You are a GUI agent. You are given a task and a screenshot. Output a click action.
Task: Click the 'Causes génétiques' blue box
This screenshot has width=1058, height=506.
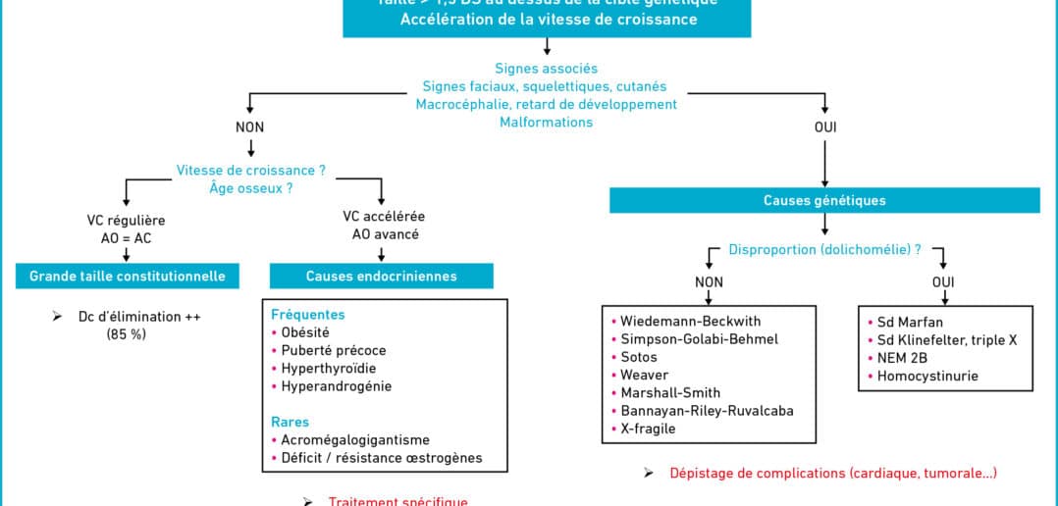coord(824,200)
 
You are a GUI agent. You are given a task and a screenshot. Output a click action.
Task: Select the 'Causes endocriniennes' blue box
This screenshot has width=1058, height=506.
coord(381,276)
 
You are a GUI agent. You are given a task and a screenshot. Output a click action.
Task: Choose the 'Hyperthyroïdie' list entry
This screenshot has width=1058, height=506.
coord(329,368)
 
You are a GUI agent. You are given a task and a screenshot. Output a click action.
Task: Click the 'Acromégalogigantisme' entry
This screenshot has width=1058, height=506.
coord(355,440)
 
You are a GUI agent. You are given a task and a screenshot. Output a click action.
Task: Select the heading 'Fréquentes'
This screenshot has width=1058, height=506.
coord(308,315)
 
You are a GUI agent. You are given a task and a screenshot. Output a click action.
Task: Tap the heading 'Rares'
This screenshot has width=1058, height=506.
coord(290,423)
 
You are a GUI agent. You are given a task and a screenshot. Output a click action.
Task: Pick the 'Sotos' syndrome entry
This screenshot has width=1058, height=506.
coord(639,357)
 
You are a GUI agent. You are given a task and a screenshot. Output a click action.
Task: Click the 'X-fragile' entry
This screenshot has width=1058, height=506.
coord(648,429)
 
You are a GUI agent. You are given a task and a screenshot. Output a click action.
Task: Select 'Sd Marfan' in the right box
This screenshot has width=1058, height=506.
coord(911,322)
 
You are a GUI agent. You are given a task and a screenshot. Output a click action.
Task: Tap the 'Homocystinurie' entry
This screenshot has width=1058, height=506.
coord(927,376)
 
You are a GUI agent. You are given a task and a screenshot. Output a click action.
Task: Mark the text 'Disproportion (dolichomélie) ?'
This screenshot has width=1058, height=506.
coord(824,249)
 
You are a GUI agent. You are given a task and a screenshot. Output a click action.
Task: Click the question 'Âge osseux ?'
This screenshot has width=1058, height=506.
coord(251,187)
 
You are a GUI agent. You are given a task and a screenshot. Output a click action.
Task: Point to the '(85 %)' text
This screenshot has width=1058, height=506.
coord(126,334)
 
